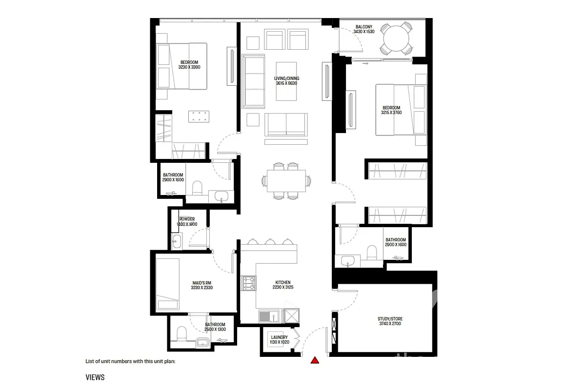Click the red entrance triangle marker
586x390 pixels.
[315, 360]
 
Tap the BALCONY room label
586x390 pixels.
[364, 27]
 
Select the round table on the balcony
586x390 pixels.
[396, 39]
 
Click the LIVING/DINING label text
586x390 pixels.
[286, 78]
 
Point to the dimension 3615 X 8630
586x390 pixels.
[286, 83]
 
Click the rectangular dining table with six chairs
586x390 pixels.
[286, 181]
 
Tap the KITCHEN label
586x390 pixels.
[283, 282]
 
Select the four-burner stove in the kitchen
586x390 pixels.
[248, 283]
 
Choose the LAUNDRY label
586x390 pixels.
[279, 337]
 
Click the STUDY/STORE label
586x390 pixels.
[390, 319]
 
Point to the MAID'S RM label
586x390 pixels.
[202, 283]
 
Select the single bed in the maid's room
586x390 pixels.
[168, 284]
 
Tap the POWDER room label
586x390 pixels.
[187, 219]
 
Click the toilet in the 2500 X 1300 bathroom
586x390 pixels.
[182, 333]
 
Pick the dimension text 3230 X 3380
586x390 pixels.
[189, 67]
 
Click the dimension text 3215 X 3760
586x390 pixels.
[391, 113]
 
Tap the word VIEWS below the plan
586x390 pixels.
[95, 377]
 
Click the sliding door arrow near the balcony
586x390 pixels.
[365, 63]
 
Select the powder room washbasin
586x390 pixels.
[177, 241]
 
